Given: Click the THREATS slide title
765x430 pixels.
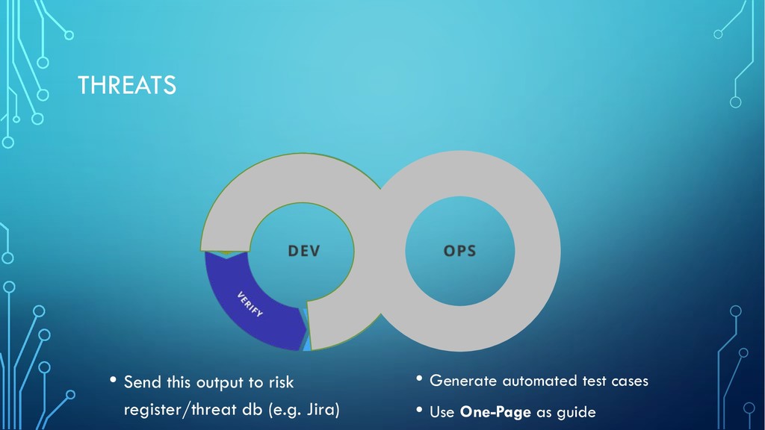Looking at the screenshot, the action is [127, 85].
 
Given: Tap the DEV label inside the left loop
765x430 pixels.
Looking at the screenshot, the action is [304, 251].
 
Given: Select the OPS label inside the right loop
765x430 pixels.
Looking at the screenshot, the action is [459, 251].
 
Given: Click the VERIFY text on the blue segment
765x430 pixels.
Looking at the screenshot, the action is [250, 305].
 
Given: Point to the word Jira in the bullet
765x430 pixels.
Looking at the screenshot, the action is [323, 410].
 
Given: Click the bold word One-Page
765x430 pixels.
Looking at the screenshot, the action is [495, 412].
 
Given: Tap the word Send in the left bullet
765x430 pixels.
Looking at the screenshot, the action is [143, 382].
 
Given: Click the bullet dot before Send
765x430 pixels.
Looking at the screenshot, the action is [114, 379].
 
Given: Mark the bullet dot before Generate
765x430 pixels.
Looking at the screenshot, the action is [419, 378].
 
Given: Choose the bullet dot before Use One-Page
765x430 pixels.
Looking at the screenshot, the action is [419, 410].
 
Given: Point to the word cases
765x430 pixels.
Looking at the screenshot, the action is [630, 381].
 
